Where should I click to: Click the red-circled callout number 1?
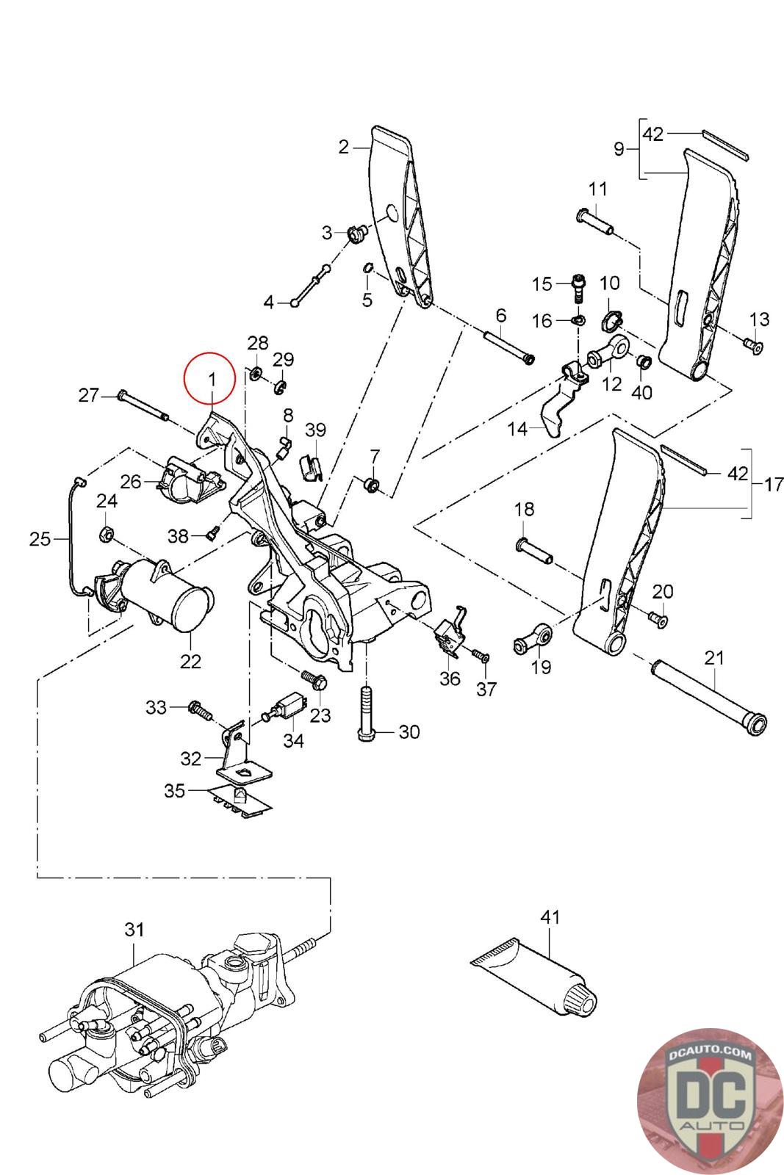pos(212,378)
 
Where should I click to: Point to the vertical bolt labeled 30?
pos(366,713)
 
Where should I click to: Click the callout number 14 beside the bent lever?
pos(517,429)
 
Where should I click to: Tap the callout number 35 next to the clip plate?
pos(175,790)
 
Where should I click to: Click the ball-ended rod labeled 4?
pos(312,286)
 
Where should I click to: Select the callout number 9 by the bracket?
pos(619,150)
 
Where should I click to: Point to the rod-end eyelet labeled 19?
pos(533,639)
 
